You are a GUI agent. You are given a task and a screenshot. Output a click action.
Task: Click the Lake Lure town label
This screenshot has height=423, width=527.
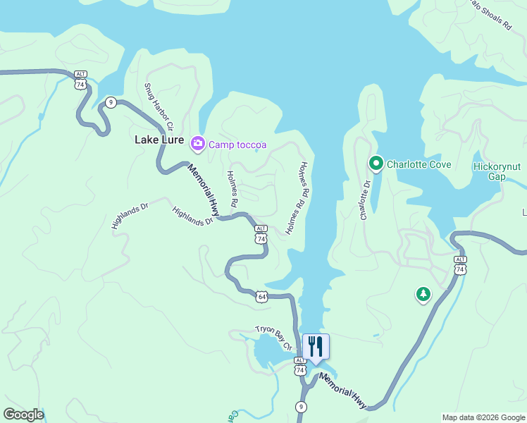click(x=159, y=140)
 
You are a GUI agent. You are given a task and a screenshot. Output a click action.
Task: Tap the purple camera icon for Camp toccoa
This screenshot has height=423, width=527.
click(x=197, y=145)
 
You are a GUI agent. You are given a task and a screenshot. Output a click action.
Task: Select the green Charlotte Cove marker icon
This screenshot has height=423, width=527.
click(x=376, y=164)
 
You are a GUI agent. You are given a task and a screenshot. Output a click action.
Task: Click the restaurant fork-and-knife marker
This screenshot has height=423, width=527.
click(x=316, y=347)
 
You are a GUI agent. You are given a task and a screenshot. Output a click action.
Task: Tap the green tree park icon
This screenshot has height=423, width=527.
click(x=423, y=294)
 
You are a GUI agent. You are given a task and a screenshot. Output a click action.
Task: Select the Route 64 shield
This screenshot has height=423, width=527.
click(x=261, y=297)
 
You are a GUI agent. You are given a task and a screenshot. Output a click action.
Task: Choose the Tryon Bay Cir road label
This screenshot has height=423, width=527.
click(x=273, y=338)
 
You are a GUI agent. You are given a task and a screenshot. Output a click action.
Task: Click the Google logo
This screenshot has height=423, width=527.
click(x=23, y=415)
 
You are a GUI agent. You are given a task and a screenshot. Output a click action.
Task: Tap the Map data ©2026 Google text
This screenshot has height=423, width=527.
click(x=483, y=417)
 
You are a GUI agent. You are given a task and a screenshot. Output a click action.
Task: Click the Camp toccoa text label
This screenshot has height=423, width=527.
click(x=237, y=145)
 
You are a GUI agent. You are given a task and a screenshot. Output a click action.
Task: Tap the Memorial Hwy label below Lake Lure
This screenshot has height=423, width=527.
click(x=204, y=189)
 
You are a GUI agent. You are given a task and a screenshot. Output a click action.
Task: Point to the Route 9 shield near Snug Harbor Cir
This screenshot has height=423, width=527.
click(x=111, y=102)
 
